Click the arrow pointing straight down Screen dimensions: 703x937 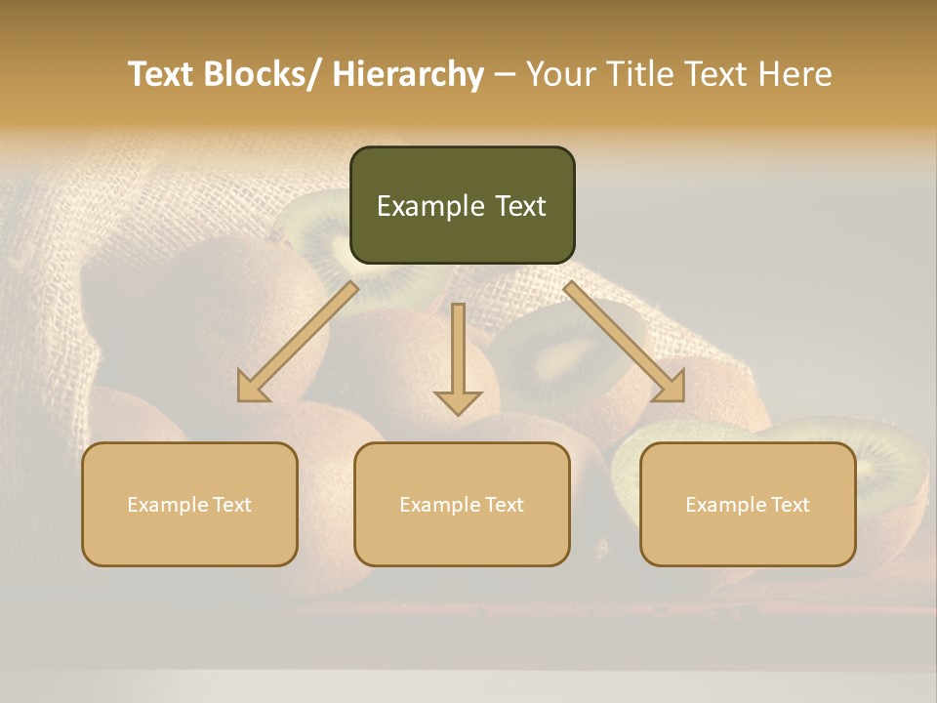(458, 357)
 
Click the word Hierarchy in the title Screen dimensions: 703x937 (408, 74)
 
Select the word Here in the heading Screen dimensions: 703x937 (795, 74)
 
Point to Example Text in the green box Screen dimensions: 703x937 (462, 206)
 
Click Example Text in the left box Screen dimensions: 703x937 (189, 505)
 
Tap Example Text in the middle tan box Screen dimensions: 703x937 (462, 505)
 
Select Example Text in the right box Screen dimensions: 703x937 (748, 505)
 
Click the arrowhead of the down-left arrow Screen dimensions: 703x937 (253, 388)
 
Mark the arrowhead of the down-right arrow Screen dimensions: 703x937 (669, 388)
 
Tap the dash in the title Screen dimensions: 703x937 (505, 74)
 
